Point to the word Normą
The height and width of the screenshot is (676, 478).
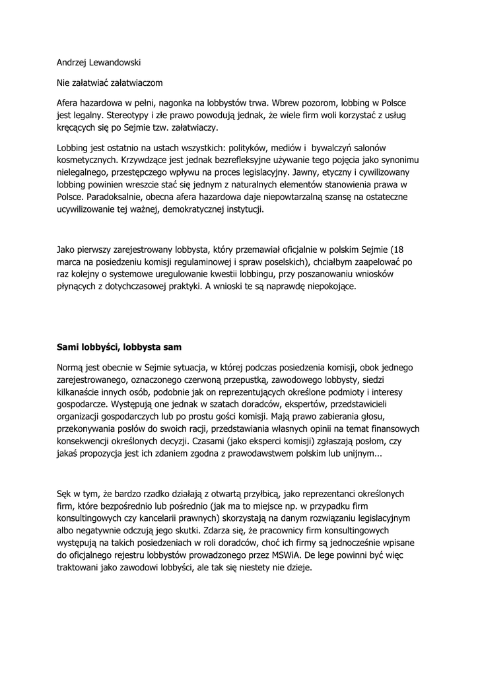pyautogui.click(x=72, y=367)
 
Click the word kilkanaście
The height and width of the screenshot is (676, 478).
pyautogui.click(x=79, y=391)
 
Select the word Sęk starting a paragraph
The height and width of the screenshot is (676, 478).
pyautogui.click(x=66, y=493)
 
